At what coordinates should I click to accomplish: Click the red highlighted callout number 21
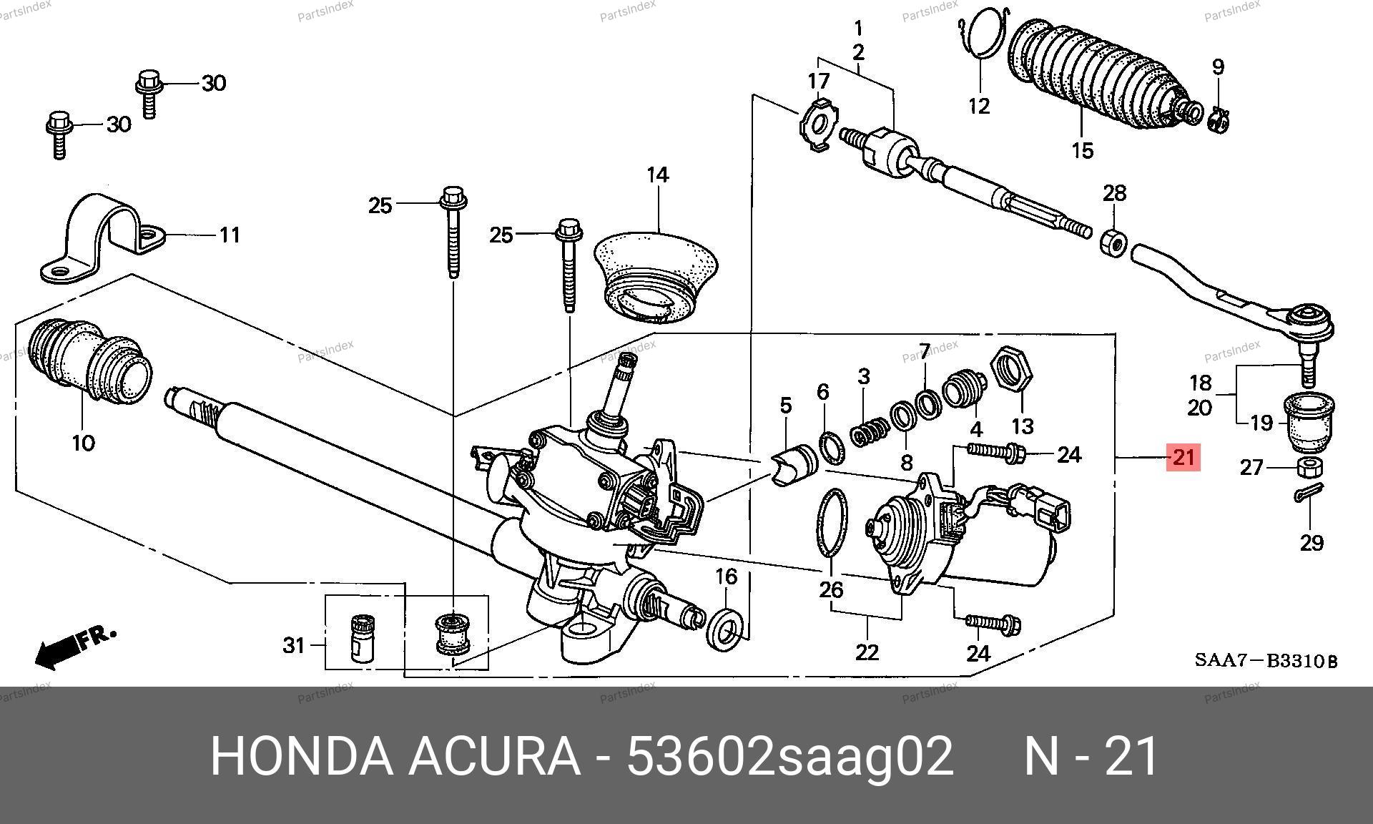pyautogui.click(x=1183, y=456)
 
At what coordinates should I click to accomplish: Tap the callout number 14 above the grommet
pyautogui.click(x=657, y=175)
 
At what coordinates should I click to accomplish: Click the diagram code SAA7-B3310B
pyautogui.click(x=1265, y=661)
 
